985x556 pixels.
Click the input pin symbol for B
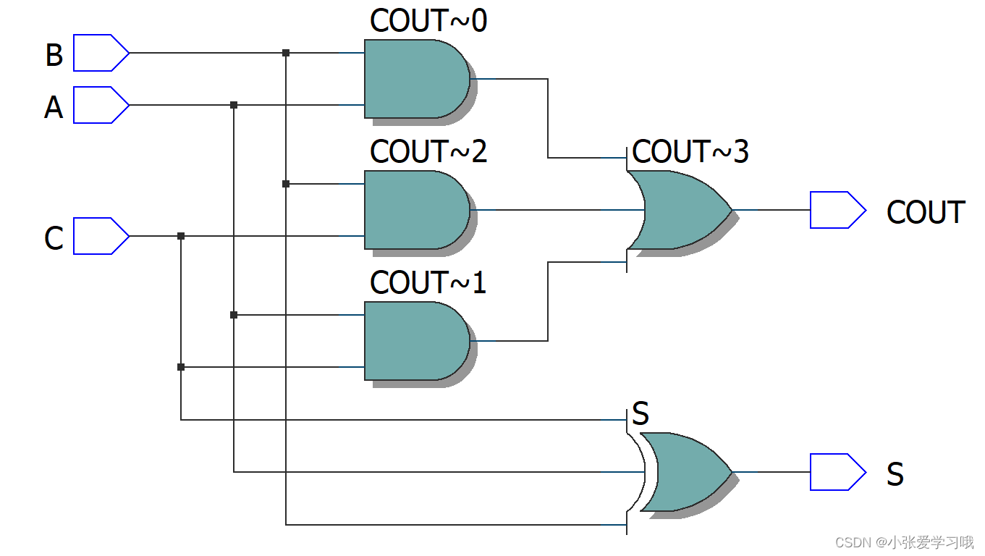[101, 53]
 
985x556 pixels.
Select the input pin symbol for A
[101, 105]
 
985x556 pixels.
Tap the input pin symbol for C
[101, 236]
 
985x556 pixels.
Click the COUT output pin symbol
[837, 210]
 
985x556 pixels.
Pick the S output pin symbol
[837, 472]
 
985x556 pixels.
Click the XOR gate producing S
[684, 472]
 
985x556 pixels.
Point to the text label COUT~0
[428, 22]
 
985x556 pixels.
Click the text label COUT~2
[428, 152]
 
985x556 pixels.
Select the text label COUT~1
[428, 282]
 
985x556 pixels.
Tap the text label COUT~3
[690, 152]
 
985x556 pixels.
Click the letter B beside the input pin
[54, 56]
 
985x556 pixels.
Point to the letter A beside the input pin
[54, 108]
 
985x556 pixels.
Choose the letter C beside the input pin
[54, 239]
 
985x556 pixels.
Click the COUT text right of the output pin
[926, 213]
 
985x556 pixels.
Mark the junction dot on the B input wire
[286, 53]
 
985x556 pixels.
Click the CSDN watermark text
[904, 542]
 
